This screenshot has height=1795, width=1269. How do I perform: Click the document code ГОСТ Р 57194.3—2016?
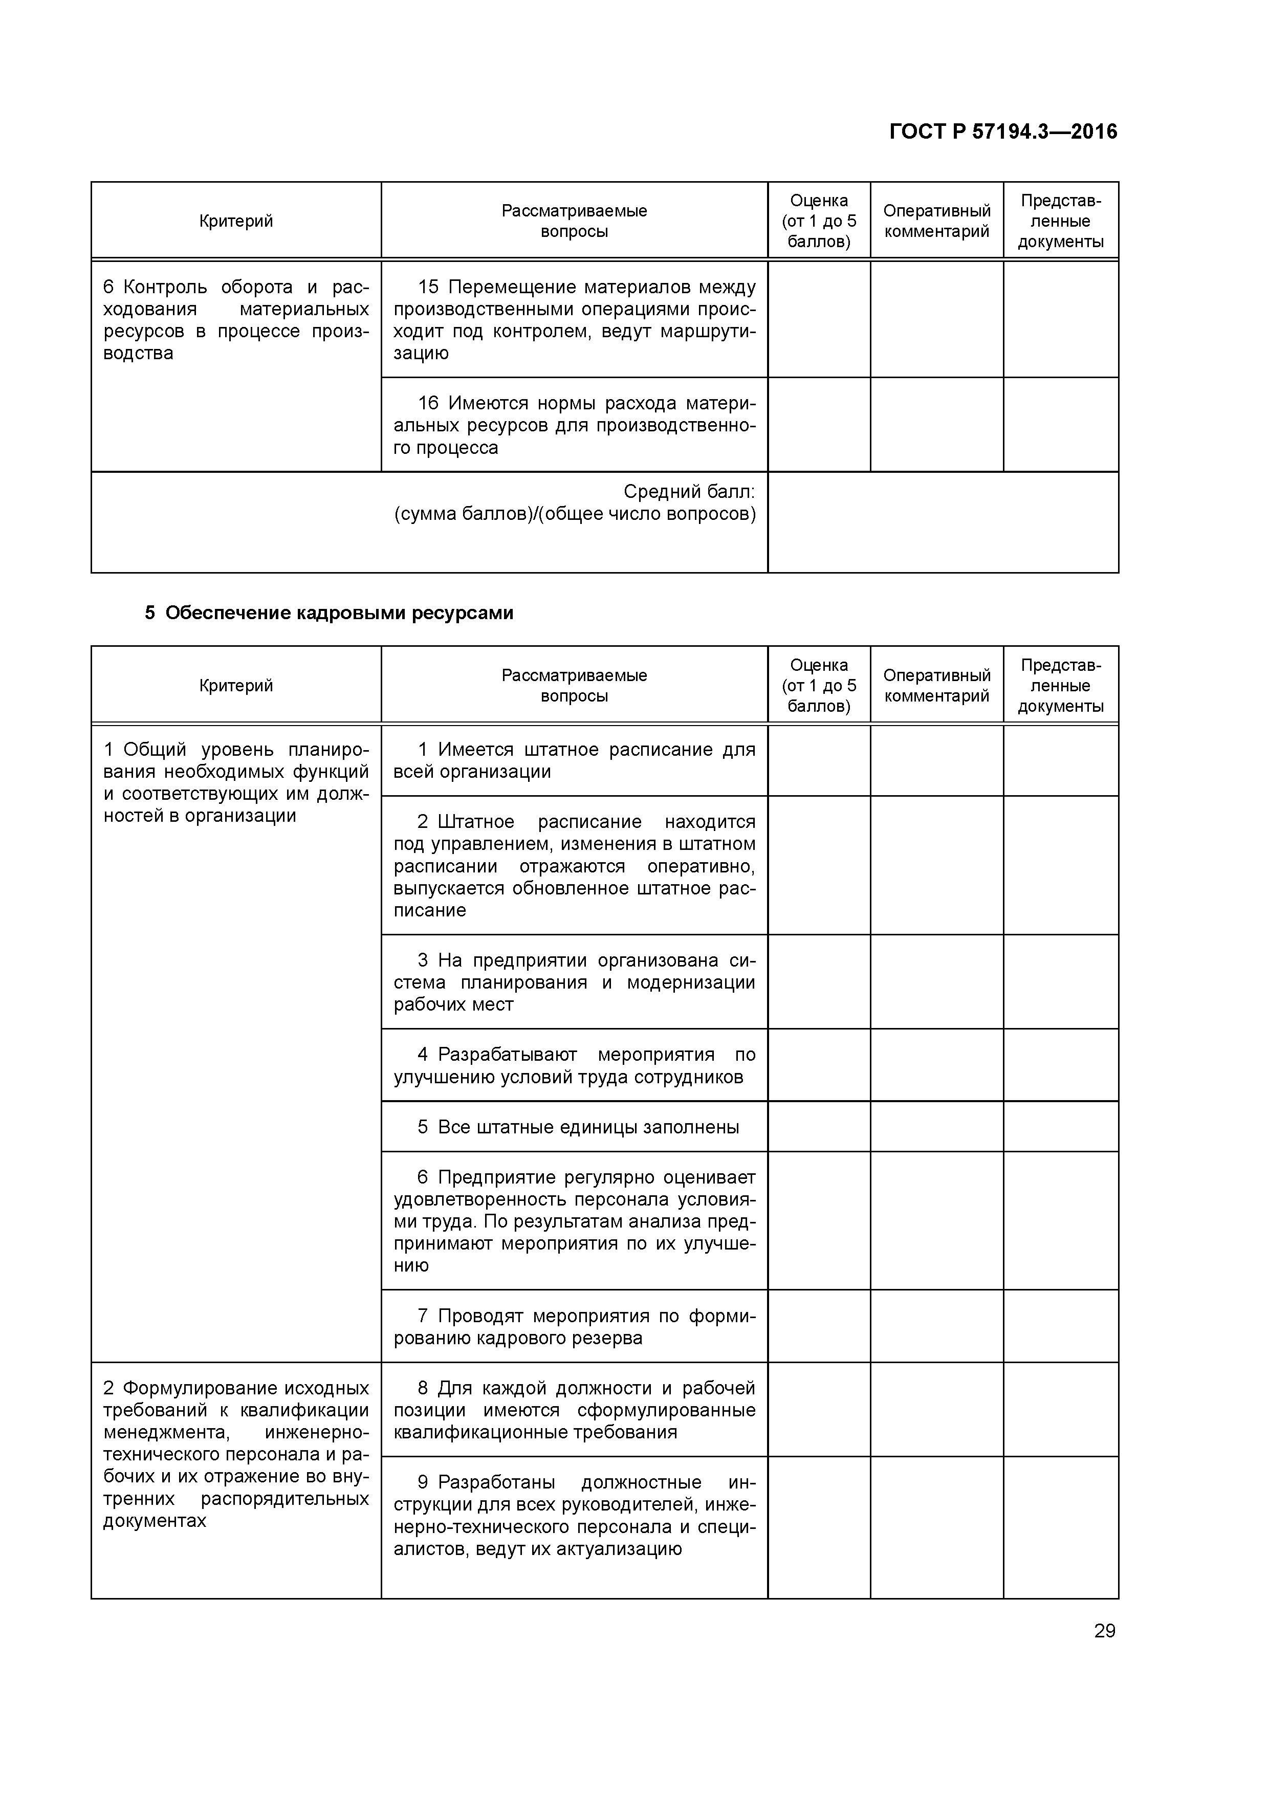click(1002, 132)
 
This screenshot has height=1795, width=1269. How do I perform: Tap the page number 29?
click(1104, 1631)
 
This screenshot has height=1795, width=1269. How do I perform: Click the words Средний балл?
click(689, 492)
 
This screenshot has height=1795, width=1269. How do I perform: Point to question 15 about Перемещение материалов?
click(574, 320)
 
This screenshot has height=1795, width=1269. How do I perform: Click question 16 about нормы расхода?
click(574, 425)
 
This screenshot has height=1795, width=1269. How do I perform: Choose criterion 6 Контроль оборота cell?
click(235, 320)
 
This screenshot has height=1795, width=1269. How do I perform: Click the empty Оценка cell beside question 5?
click(819, 1127)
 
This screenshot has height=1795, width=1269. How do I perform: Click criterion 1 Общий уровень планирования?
click(235, 782)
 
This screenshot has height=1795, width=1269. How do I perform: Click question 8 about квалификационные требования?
click(574, 1410)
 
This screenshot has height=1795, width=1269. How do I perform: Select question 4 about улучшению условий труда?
click(574, 1065)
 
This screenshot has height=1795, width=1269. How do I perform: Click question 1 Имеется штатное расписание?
click(574, 761)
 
